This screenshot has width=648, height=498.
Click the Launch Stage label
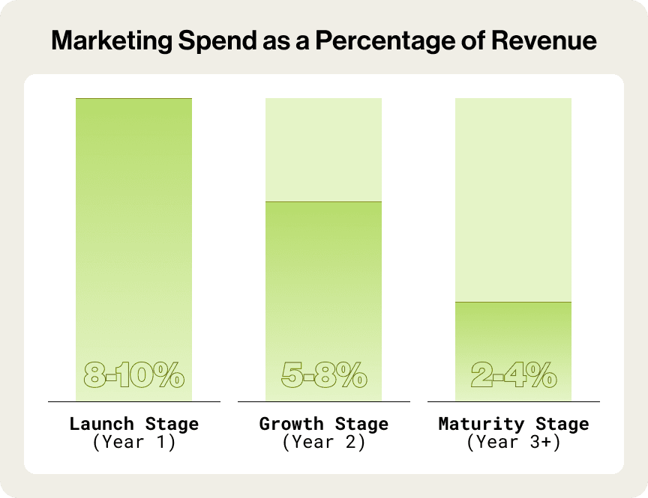(133, 424)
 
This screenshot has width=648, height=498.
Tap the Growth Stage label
(323, 424)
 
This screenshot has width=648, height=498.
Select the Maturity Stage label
(514, 424)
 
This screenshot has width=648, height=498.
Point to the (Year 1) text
(133, 442)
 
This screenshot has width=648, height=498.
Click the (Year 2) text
(323, 442)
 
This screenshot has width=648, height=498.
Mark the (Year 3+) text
(514, 442)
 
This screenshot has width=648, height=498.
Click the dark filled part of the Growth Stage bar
(323, 285)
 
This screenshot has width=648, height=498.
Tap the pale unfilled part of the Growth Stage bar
(323, 150)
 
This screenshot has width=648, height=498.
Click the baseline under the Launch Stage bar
(133, 402)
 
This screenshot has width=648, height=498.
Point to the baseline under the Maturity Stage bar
(514, 402)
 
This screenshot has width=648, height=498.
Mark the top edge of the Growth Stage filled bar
(323, 202)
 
